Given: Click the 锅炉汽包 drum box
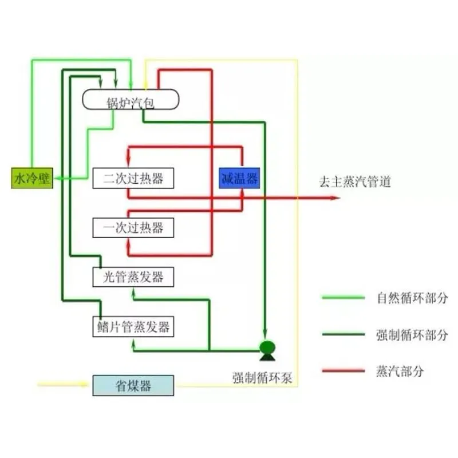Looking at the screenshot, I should [131, 101].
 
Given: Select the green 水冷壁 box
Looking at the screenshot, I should [32, 179].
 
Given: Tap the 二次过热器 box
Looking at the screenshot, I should [133, 177].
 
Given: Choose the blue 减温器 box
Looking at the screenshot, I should [240, 178].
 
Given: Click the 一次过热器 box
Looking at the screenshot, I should [133, 227].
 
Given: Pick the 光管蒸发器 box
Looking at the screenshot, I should [133, 277].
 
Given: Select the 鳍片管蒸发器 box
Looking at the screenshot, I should [133, 327].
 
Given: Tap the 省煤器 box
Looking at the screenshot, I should [133, 385].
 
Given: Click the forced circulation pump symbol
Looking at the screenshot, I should [267, 349].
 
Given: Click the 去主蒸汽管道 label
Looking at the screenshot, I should [355, 183].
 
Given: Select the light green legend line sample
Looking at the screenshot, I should [343, 297].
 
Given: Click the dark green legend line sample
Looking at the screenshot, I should [343, 334].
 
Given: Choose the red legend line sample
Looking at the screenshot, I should [343, 370].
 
